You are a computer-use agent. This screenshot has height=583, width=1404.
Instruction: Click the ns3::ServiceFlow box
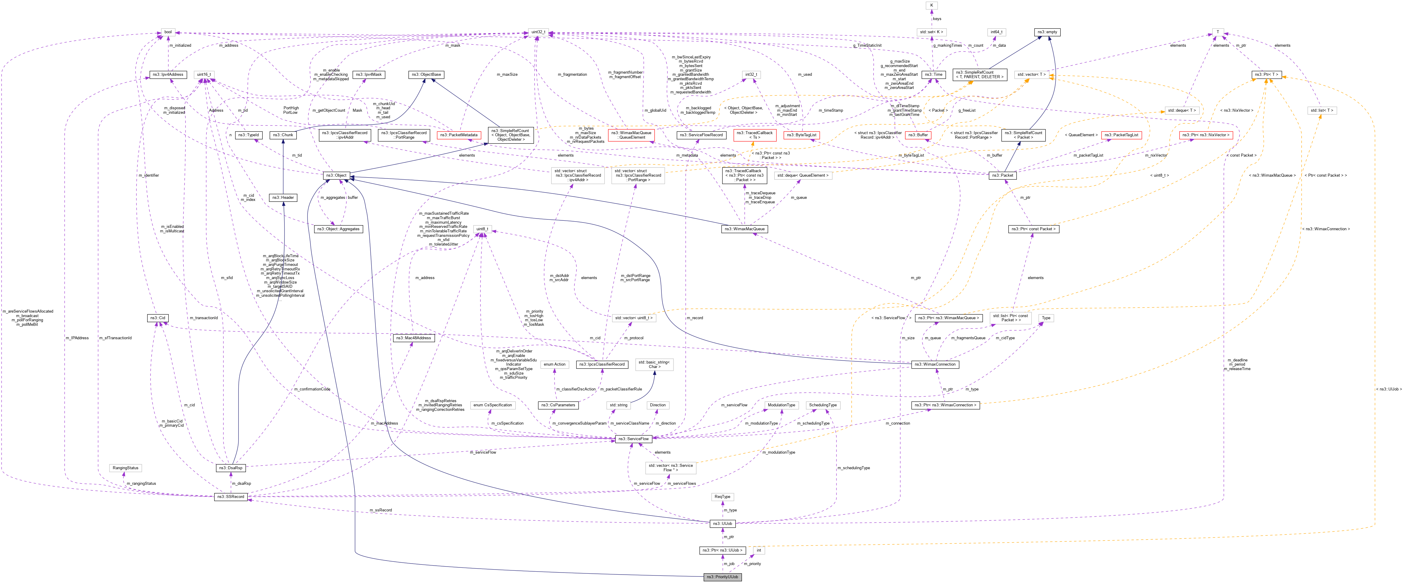[x=633, y=438]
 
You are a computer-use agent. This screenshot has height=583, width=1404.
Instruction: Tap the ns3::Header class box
[x=283, y=197]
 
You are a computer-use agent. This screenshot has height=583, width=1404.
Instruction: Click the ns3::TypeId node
[x=249, y=135]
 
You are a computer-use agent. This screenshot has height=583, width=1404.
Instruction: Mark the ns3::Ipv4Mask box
[x=369, y=74]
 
